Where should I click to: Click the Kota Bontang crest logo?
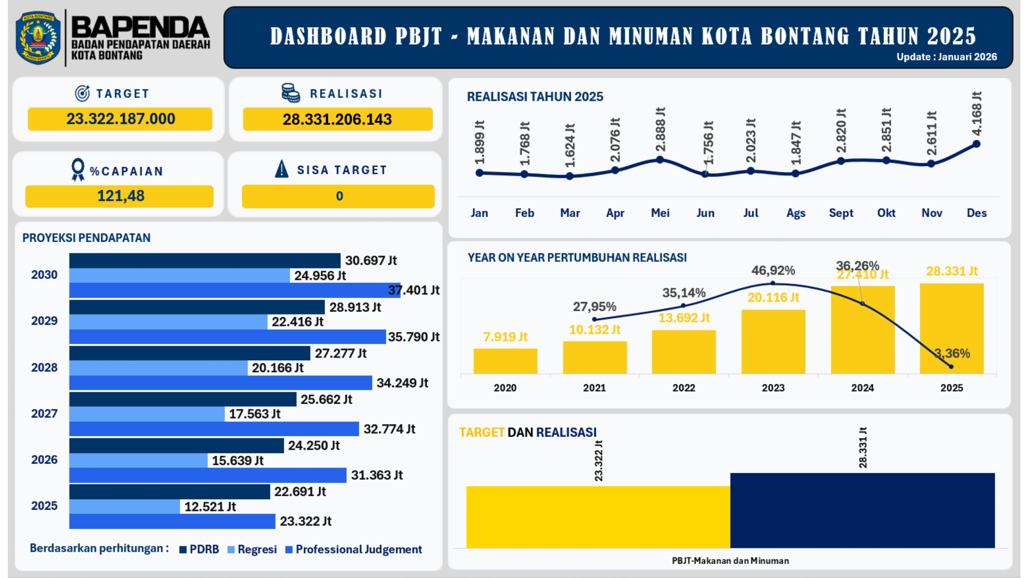(38, 38)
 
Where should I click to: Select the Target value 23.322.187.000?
(120, 119)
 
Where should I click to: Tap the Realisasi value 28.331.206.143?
(337, 119)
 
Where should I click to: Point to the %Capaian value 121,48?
(120, 196)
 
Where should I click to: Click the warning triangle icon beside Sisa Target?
(282, 169)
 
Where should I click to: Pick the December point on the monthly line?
(977, 144)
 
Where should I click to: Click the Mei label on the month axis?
(660, 213)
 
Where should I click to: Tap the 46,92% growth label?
(773, 271)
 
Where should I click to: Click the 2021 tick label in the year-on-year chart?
(594, 388)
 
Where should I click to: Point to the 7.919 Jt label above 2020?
(505, 337)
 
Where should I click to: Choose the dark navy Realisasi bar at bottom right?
(862, 510)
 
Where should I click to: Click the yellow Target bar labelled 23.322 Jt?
(598, 517)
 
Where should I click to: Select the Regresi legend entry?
(252, 550)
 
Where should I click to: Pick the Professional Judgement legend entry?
(354, 550)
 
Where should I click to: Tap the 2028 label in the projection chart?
(44, 367)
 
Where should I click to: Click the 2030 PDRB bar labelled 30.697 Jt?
(204, 261)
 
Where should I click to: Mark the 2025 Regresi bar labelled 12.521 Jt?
(124, 506)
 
